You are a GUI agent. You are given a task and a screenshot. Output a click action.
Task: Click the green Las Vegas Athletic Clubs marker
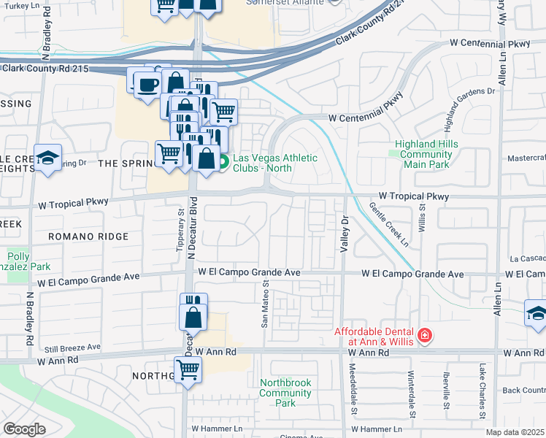[x=224, y=162]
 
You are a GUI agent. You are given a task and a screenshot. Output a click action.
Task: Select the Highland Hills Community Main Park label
[x=426, y=154]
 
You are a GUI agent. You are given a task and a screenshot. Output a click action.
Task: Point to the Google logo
[x=24, y=429]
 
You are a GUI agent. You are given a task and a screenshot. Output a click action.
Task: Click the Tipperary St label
[x=180, y=231]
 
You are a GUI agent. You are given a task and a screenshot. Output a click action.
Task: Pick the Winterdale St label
[x=412, y=394]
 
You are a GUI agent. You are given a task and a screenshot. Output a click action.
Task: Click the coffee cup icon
[x=148, y=83]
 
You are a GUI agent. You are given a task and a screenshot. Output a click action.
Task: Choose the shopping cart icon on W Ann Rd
[x=188, y=369]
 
